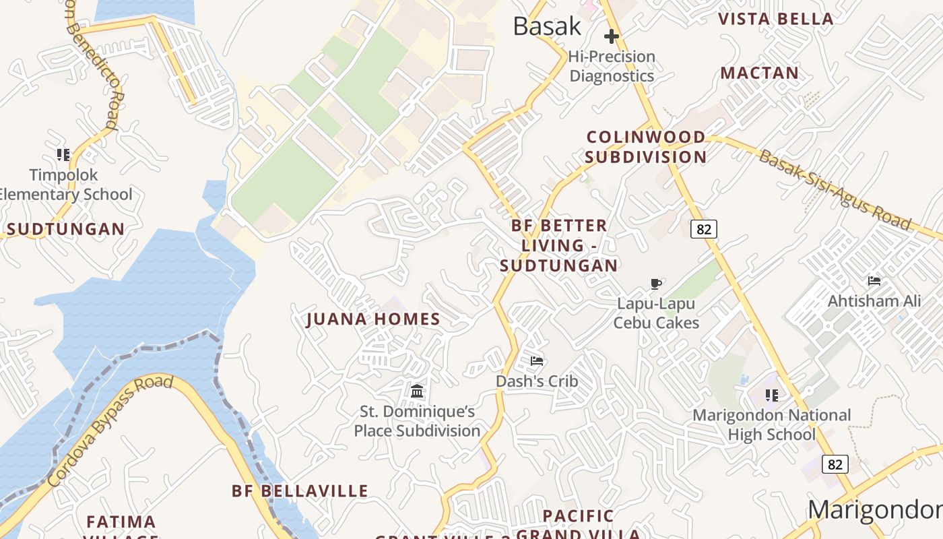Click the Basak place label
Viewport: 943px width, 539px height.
(x=546, y=26)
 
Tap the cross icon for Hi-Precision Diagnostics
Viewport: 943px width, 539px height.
(x=612, y=36)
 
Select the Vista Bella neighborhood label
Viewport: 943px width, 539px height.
(x=776, y=19)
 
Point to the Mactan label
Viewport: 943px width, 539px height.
(x=760, y=73)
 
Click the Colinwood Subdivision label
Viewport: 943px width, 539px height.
(x=645, y=147)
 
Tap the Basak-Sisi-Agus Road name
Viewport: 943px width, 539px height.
(x=835, y=191)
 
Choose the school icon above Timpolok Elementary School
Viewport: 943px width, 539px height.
(x=63, y=155)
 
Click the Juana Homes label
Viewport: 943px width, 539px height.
(x=373, y=319)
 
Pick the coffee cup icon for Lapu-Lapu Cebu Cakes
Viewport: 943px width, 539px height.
(x=656, y=284)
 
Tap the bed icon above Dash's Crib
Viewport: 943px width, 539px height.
(x=537, y=361)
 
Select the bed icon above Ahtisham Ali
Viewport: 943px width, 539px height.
(x=874, y=281)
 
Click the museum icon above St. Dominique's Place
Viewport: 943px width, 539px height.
(x=417, y=391)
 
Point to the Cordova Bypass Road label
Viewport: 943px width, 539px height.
(x=111, y=431)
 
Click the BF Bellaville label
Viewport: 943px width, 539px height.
(x=300, y=490)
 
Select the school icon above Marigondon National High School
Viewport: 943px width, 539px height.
(x=772, y=395)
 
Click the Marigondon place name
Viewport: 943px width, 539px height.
(x=875, y=510)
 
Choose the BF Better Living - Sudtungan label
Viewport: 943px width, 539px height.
(x=558, y=245)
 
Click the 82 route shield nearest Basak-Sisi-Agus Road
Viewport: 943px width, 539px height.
(x=704, y=229)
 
